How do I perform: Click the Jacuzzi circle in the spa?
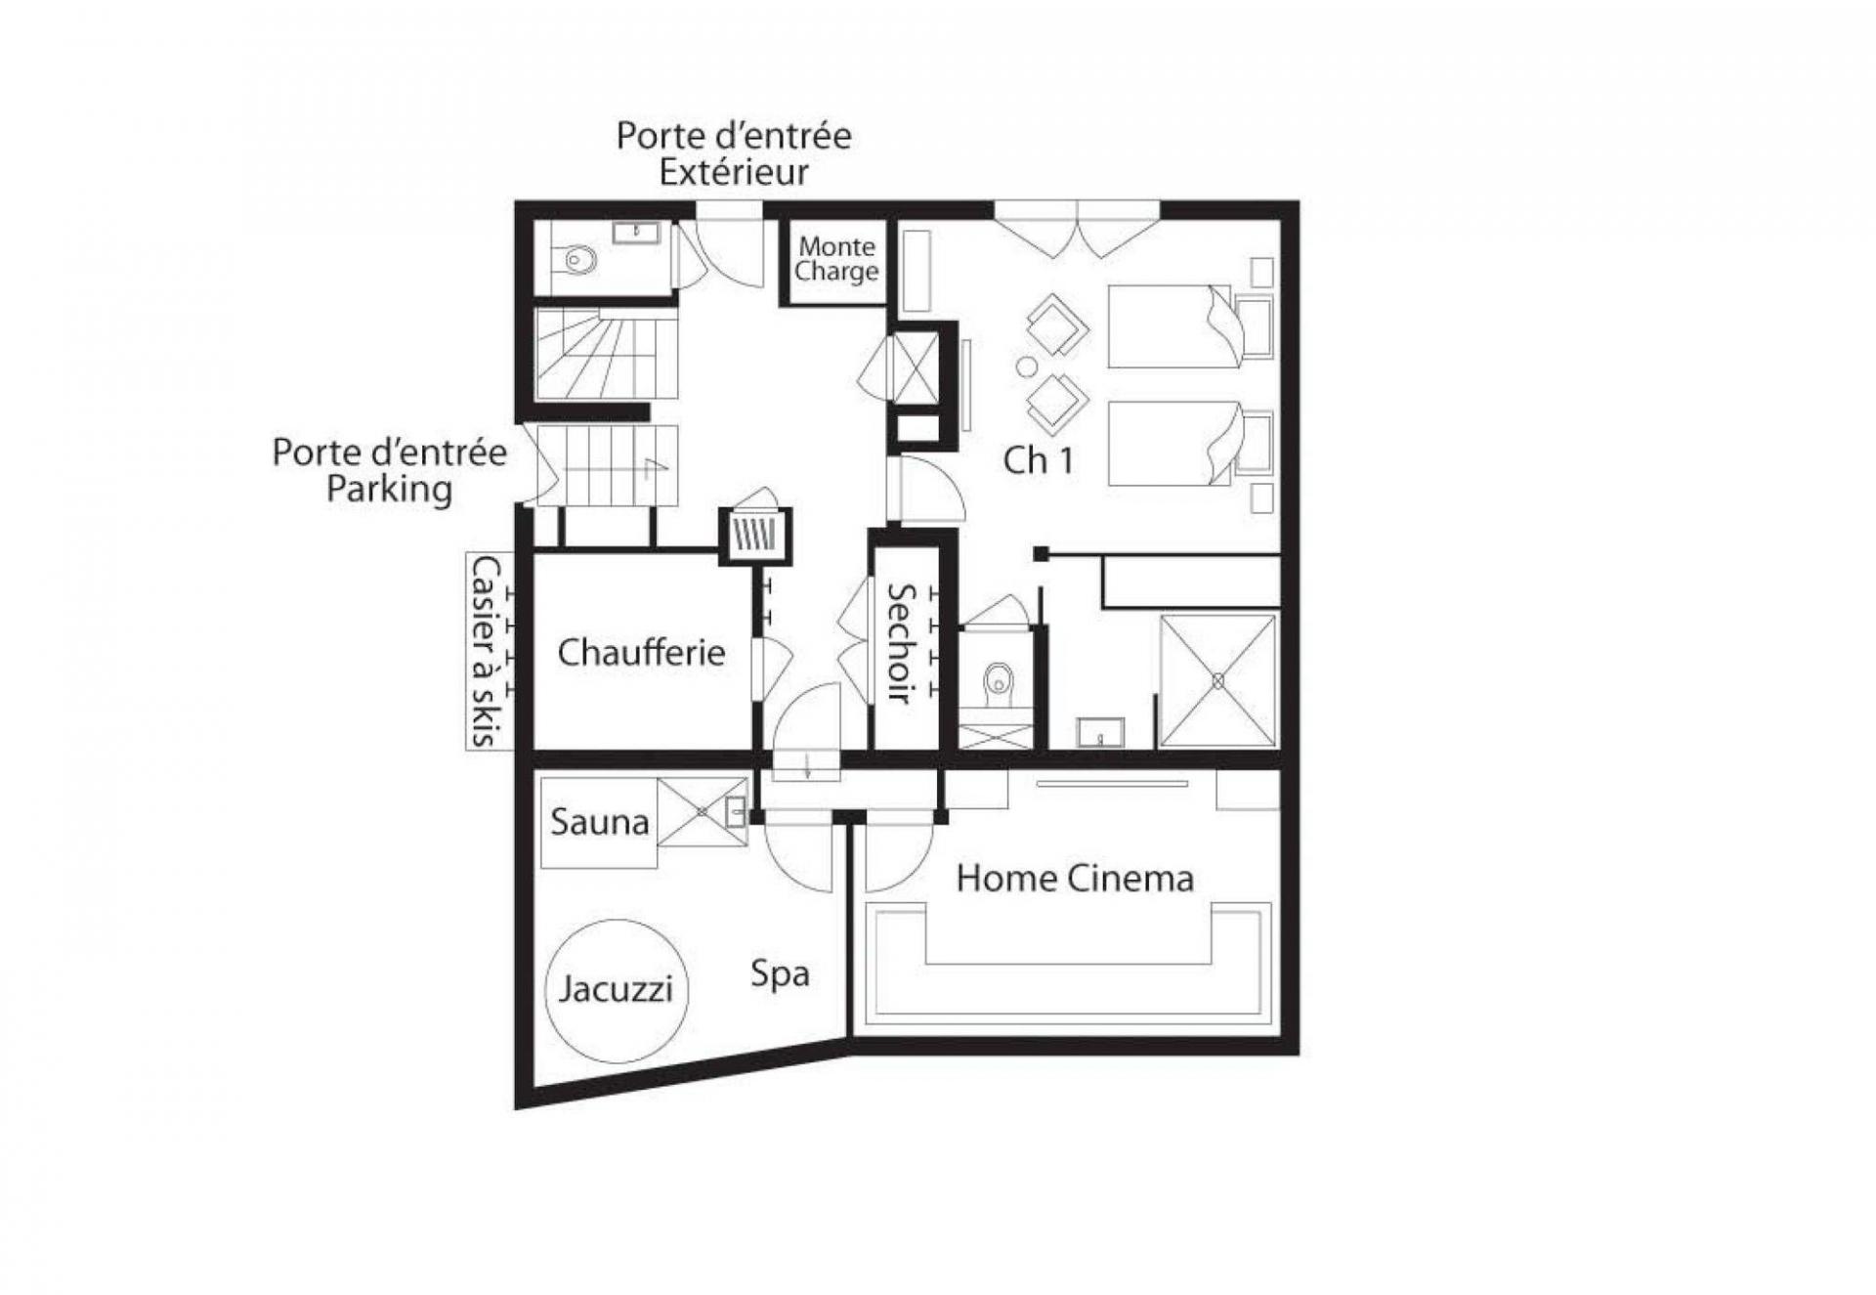[x=616, y=989]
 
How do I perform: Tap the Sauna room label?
[x=599, y=822]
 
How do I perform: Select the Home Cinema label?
[x=1075, y=879]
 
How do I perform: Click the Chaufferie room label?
[x=641, y=652]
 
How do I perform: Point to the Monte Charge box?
[x=835, y=259]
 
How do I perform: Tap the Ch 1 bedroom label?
[x=1038, y=460]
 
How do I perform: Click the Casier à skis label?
[x=488, y=651]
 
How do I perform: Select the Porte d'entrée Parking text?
[x=389, y=470]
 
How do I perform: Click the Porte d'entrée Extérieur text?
[x=733, y=153]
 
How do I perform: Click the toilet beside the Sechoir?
[x=997, y=679]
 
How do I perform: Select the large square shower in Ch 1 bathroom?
[x=1217, y=680]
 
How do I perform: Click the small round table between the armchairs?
[x=1026, y=367]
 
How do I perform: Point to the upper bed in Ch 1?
[x=1172, y=326]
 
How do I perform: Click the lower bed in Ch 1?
[x=1172, y=443]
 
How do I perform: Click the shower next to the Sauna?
[x=702, y=811]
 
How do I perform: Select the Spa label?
[x=780, y=973]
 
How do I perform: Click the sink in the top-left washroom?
[x=636, y=233]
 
